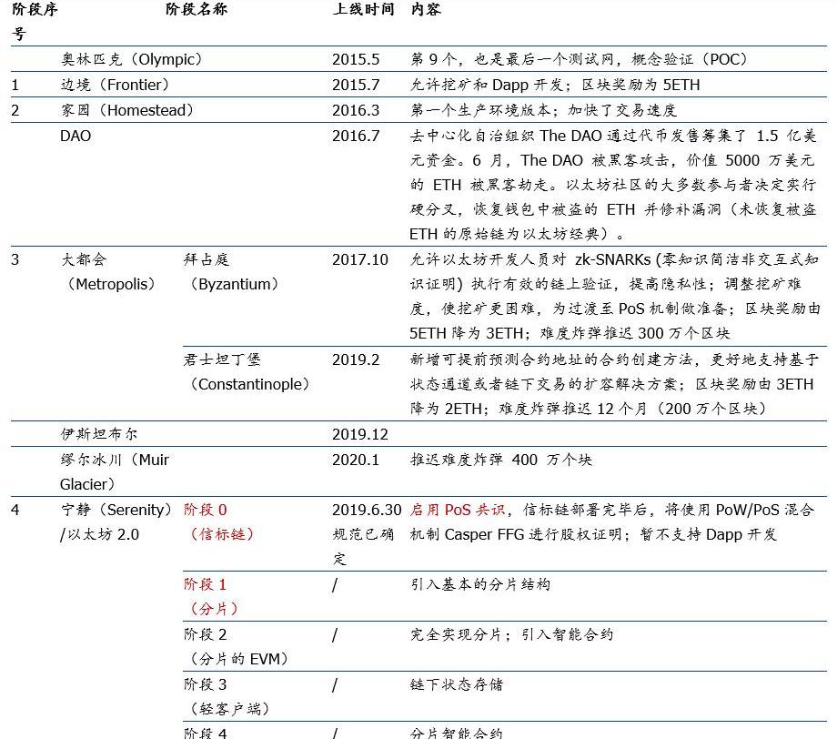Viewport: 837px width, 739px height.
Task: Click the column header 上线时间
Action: tap(363, 10)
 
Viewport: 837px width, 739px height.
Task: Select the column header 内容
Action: tap(426, 10)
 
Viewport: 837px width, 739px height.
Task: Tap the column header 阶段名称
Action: tap(197, 10)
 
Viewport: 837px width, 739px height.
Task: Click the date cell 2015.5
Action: tap(356, 60)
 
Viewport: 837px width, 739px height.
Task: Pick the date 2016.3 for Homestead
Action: tap(356, 111)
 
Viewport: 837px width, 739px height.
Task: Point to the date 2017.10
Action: tap(360, 260)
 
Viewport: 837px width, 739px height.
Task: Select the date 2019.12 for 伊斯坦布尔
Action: tap(360, 434)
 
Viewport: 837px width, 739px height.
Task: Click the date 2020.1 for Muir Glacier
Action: tap(356, 460)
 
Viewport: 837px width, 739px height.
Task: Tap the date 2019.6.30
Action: tap(367, 510)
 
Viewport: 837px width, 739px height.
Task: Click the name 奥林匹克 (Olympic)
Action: tap(131, 60)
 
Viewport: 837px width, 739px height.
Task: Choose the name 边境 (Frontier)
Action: tap(115, 86)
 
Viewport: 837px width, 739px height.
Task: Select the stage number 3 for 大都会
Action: tap(15, 260)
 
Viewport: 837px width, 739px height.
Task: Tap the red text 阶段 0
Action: tap(206, 510)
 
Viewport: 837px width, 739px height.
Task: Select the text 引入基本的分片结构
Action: tap(480, 584)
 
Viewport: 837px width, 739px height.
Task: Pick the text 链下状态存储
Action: tap(457, 684)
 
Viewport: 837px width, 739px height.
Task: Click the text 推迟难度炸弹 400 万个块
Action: tap(500, 460)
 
